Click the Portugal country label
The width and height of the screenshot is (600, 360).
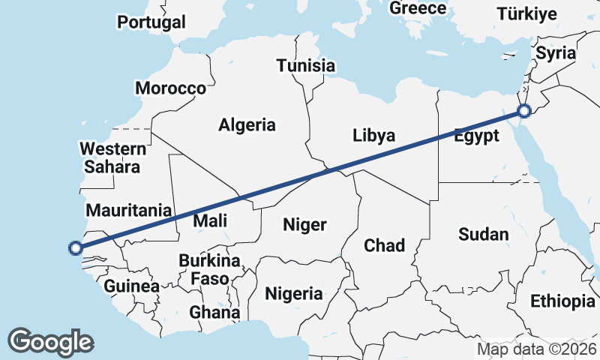click(x=151, y=22)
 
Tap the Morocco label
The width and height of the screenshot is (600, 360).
click(x=170, y=88)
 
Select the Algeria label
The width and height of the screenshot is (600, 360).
click(x=247, y=125)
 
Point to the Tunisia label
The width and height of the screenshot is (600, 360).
click(x=305, y=66)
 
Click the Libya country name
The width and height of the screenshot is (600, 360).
click(x=373, y=136)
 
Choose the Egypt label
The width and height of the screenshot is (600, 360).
click(x=476, y=136)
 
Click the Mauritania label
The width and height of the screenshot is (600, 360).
click(x=129, y=211)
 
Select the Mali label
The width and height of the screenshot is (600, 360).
click(x=210, y=221)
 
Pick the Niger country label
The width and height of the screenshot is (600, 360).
click(x=304, y=224)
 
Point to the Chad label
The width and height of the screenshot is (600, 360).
click(x=384, y=245)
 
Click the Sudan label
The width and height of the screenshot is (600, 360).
click(x=483, y=235)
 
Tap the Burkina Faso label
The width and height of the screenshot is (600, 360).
click(x=209, y=270)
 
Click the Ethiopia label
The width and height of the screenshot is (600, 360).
click(x=562, y=301)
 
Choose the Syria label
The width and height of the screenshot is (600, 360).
click(x=556, y=53)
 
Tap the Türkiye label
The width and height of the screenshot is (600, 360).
click(x=527, y=14)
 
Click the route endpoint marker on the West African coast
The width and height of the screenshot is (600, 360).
click(x=75, y=247)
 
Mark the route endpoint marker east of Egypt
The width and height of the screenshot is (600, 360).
click(x=523, y=111)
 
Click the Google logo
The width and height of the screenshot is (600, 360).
click(x=50, y=342)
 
